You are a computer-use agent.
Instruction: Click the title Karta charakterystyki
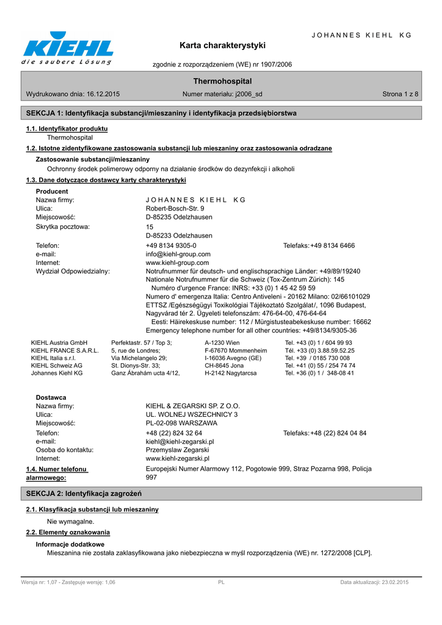pos(222,46)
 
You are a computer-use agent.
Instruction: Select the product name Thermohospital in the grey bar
pos(222,81)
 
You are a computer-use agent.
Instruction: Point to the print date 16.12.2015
pos(99,95)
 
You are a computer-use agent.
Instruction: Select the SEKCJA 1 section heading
pos(161,114)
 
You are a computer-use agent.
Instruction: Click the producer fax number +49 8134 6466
pos(332,246)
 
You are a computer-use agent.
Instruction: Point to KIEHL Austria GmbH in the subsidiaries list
pos(59,343)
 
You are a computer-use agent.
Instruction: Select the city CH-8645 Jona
pos(224,366)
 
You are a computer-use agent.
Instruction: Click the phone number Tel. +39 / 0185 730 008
pos(317,358)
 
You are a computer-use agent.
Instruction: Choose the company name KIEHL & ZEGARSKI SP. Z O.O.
pos(193,406)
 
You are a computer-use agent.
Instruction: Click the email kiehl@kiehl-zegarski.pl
pos(179,441)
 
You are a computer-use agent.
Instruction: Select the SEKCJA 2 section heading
pos(84,493)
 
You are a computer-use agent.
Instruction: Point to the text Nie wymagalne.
pos(71,522)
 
